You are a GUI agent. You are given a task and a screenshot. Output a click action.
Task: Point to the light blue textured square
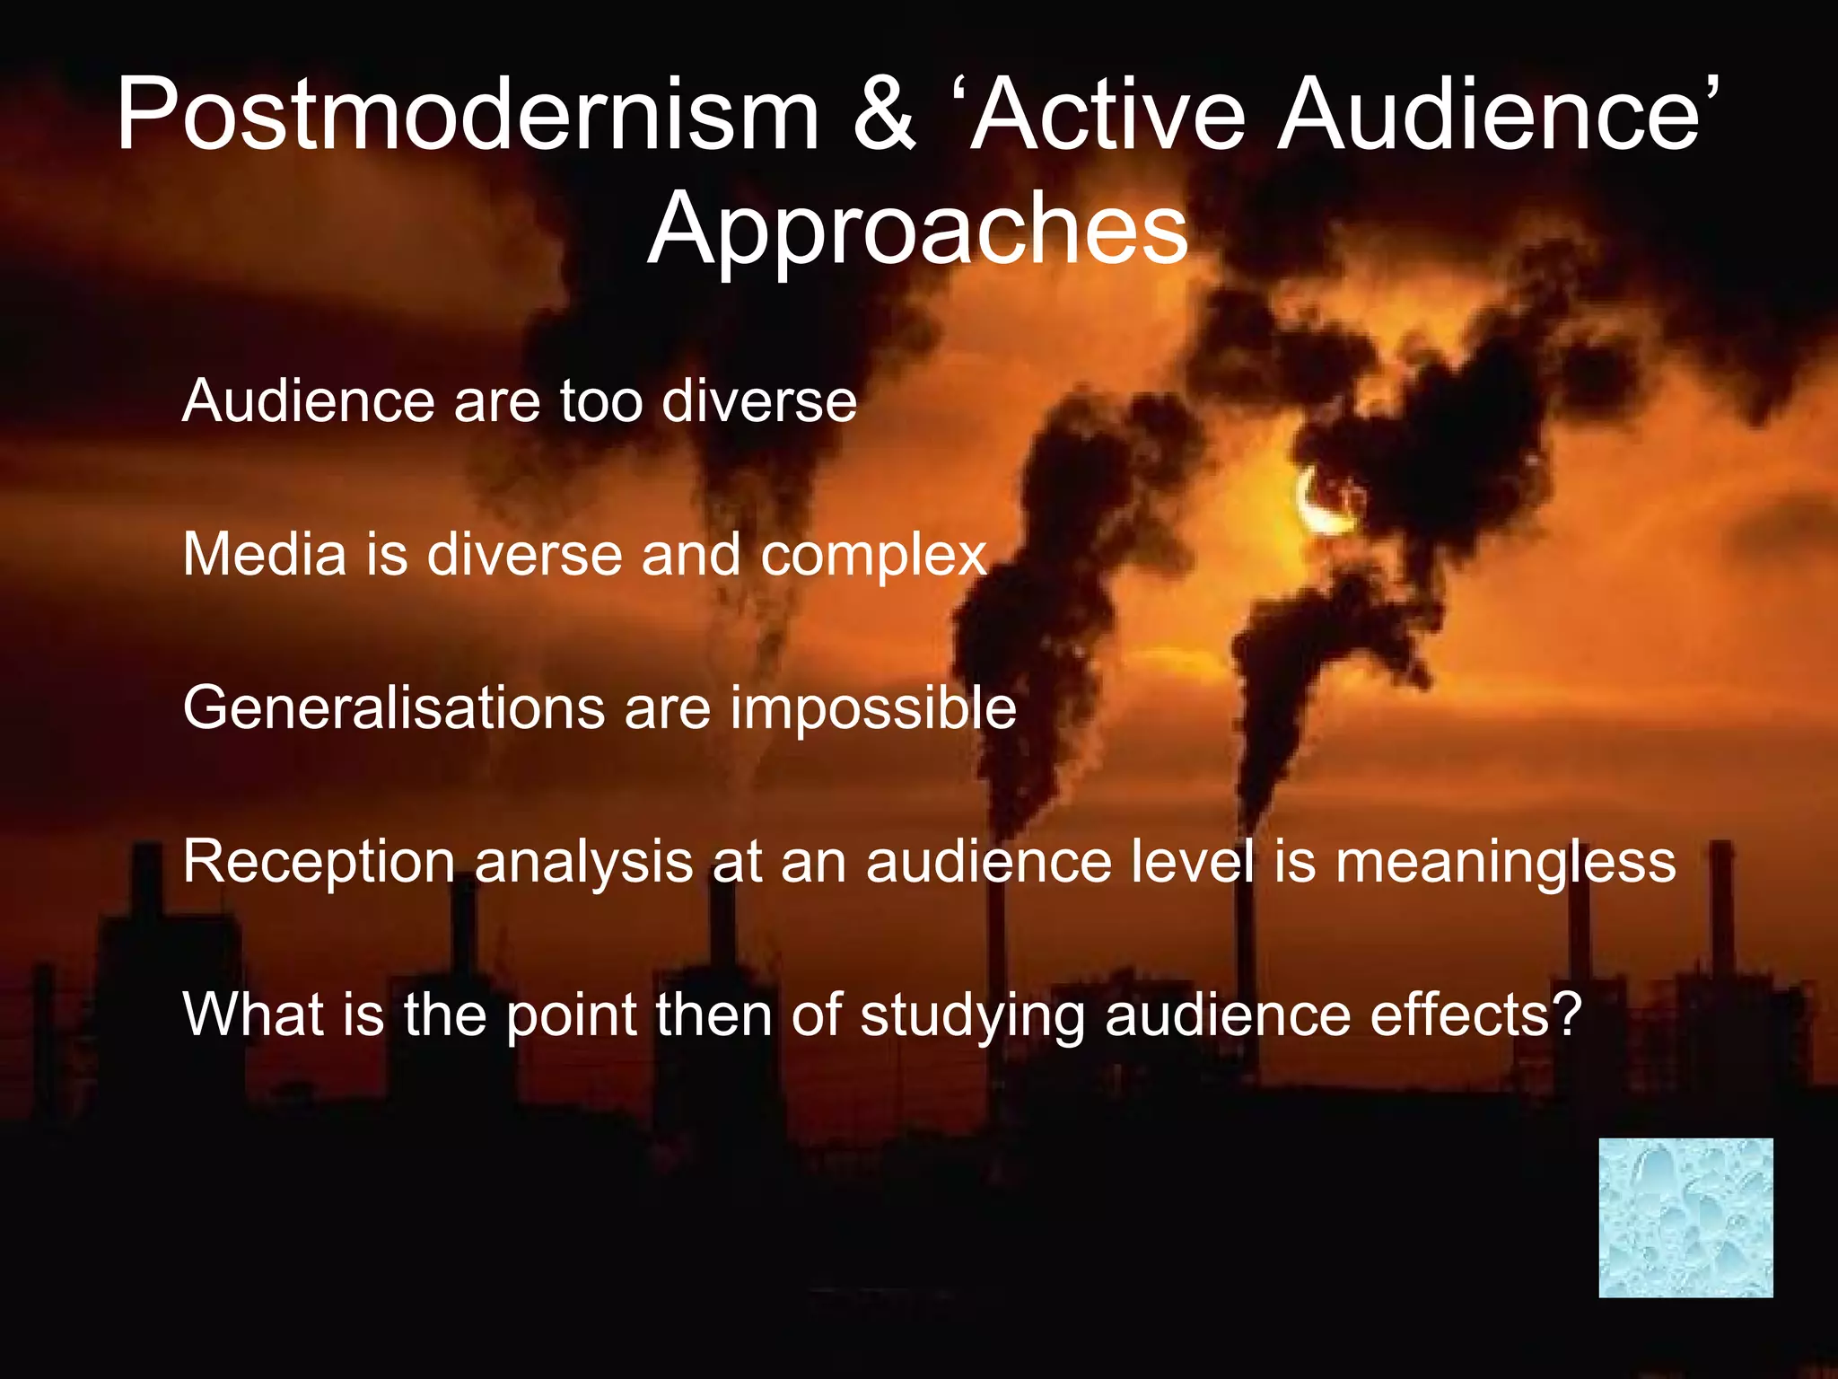click(1685, 1217)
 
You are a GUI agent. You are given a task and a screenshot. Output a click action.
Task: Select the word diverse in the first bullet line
click(758, 400)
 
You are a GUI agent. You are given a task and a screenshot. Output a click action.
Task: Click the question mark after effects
click(1565, 1014)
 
